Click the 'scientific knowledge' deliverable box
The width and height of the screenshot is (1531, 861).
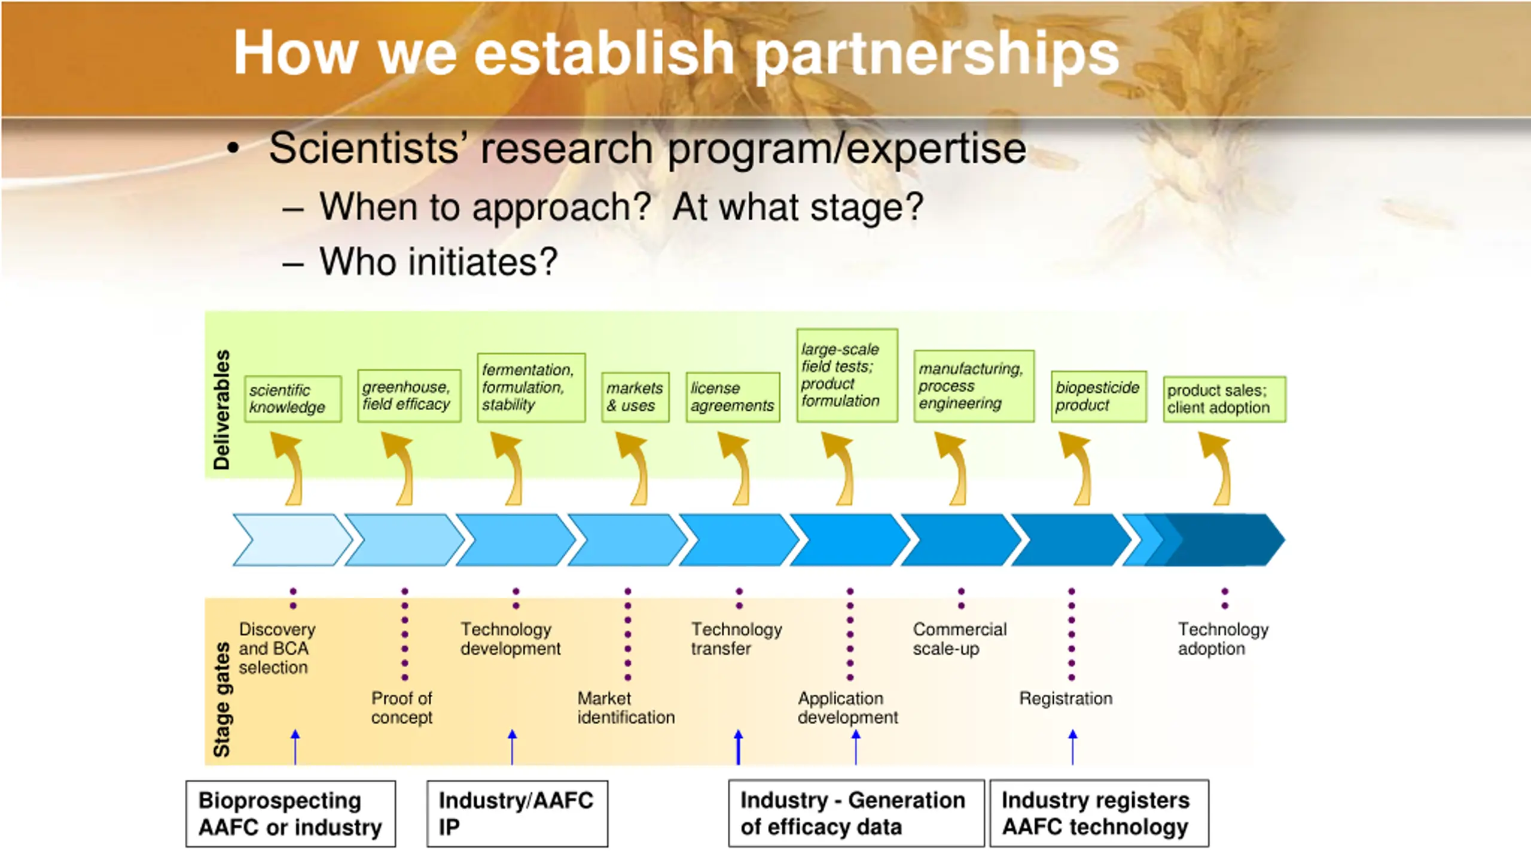(x=293, y=399)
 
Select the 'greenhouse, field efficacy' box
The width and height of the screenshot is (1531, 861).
(x=409, y=396)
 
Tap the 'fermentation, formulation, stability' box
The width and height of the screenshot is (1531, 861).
(x=531, y=387)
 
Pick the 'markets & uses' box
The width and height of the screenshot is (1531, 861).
(x=635, y=397)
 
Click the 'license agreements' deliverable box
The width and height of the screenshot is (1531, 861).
(x=733, y=397)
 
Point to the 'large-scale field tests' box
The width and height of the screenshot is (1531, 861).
(x=847, y=375)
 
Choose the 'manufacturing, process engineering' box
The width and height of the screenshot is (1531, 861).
(x=974, y=386)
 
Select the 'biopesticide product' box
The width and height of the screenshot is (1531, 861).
(x=1099, y=396)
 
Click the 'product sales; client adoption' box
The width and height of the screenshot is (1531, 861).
(x=1224, y=399)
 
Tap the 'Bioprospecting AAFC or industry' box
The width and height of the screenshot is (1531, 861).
(x=291, y=813)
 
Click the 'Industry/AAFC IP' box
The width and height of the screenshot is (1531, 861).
(x=517, y=813)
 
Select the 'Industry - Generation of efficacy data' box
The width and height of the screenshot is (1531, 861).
(x=856, y=813)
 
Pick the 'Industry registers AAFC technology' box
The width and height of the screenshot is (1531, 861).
(x=1099, y=813)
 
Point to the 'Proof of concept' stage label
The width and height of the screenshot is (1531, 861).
(x=402, y=707)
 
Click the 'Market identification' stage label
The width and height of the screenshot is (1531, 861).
(x=626, y=707)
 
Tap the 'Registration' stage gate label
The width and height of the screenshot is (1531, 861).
(x=1066, y=698)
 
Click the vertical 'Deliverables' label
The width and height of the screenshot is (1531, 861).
(x=222, y=410)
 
